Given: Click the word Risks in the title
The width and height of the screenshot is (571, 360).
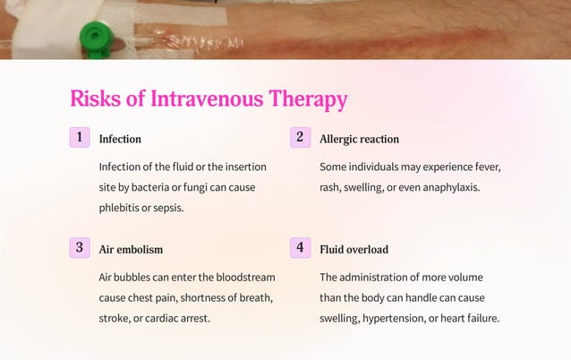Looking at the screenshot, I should click(96, 99).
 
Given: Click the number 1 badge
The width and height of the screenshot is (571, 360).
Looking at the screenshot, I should click(81, 138).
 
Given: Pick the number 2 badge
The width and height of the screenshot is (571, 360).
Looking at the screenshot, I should click(301, 138).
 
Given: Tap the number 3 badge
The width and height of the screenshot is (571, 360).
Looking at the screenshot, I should click(81, 248).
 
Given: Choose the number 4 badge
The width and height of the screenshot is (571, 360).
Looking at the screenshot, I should click(301, 248).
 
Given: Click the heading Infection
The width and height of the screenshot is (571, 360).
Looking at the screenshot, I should click(120, 140).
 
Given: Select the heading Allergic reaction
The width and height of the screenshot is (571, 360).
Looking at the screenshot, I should click(359, 140).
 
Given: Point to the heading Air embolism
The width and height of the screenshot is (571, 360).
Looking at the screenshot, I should click(131, 250).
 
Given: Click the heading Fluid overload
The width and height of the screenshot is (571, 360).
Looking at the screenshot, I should click(354, 250).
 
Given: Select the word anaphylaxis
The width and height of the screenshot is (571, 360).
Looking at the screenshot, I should click(447, 188).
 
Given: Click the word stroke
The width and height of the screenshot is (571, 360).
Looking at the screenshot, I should click(114, 319).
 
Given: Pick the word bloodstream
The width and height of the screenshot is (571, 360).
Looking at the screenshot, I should click(243, 278).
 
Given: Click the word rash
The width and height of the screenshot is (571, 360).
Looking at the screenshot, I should click(331, 188).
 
